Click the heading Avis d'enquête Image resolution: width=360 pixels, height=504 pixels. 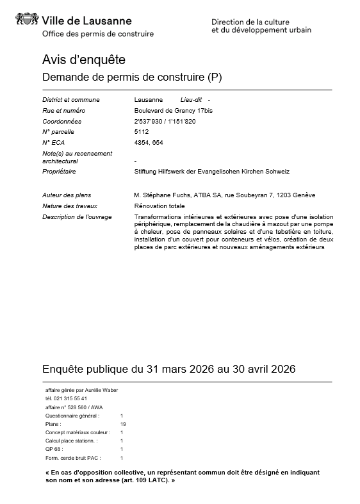(x=83, y=60)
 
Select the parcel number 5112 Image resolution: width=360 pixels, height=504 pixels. (x=141, y=132)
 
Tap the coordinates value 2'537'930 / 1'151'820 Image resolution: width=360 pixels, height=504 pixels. (x=165, y=121)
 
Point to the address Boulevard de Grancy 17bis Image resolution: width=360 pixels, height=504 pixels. (x=170, y=111)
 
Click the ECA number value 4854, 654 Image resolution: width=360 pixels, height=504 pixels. (x=149, y=142)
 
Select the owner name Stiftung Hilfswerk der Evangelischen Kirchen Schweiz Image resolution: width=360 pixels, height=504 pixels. (x=212, y=172)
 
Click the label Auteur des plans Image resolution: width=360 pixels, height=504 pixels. (x=67, y=195)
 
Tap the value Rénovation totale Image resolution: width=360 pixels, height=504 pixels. (x=160, y=206)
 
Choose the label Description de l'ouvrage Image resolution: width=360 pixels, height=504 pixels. (x=77, y=217)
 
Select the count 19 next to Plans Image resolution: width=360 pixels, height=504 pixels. (x=123, y=424)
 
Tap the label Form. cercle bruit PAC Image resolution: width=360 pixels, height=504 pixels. (x=77, y=458)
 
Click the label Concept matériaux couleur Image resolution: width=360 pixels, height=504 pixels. (x=78, y=432)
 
